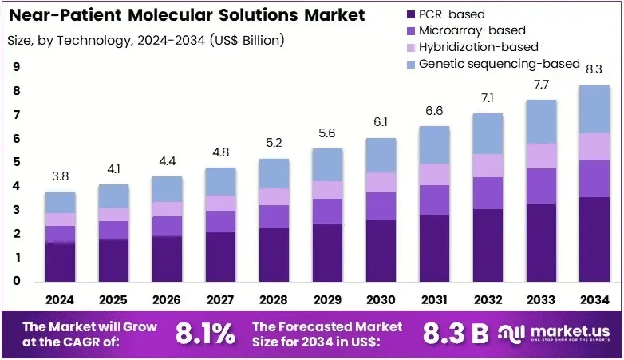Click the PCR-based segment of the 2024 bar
point(60,262)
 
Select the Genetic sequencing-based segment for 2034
point(594,109)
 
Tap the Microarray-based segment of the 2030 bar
point(381,206)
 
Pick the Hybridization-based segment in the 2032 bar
point(488,166)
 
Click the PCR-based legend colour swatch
point(411,14)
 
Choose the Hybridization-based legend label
point(478,47)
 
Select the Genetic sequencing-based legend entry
point(493,64)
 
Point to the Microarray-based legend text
point(472,30)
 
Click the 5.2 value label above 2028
point(274,143)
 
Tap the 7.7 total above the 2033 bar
point(541,85)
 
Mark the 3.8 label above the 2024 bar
point(60,176)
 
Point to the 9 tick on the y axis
point(16,66)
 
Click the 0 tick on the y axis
point(16,281)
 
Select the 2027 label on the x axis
point(220,299)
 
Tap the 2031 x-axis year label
point(434,299)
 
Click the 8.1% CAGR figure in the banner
point(205,334)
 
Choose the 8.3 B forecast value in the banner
point(456,334)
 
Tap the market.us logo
point(554,334)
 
